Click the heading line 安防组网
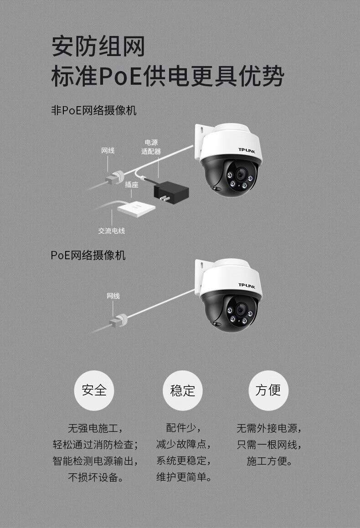point(98,47)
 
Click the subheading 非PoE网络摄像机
point(93,110)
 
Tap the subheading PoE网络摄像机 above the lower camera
point(88,255)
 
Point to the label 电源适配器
point(151,147)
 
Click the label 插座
point(132,185)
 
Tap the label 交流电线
point(112,231)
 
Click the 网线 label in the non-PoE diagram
point(108,150)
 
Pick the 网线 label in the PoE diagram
point(113,296)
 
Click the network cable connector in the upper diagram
point(114,177)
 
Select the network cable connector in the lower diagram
point(118,320)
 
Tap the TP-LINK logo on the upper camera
point(248,149)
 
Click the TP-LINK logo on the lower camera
point(248,285)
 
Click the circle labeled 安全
point(94,390)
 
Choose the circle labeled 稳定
point(182,390)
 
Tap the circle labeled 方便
point(268,390)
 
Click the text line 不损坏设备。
point(95,477)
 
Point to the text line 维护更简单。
point(184,477)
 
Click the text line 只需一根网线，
point(269,445)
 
